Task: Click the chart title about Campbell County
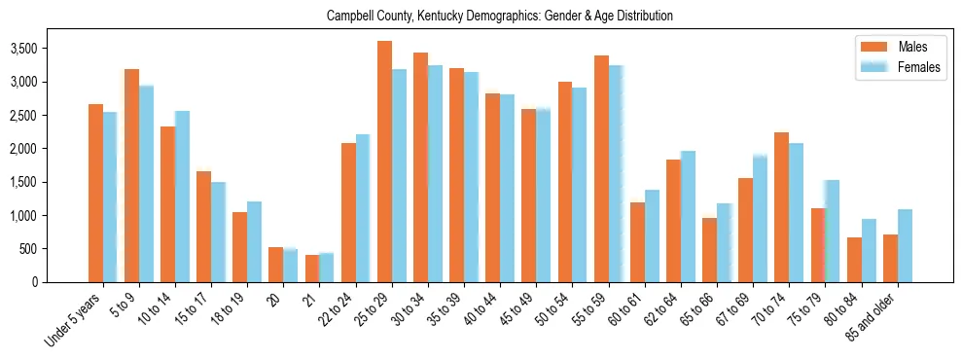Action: click(x=500, y=17)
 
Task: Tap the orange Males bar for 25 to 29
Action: click(x=384, y=162)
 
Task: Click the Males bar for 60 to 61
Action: click(x=637, y=242)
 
